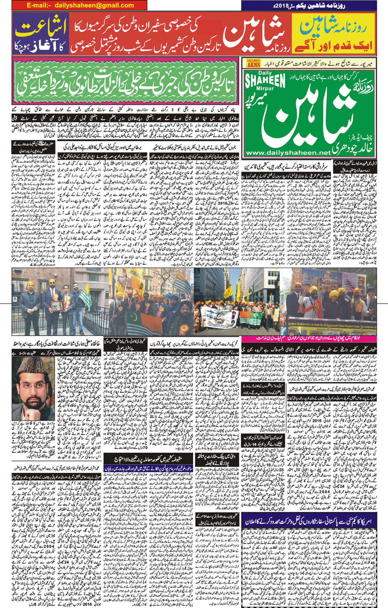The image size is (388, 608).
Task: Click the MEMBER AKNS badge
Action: pos(253,63)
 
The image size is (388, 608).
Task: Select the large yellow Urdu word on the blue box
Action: pos(40,29)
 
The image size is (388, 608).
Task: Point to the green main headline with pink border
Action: pos(125,81)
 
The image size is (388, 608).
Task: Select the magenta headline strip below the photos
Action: pos(308,340)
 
